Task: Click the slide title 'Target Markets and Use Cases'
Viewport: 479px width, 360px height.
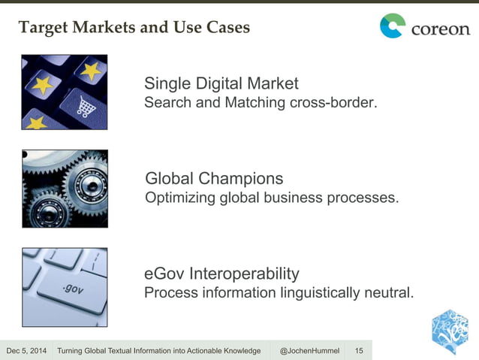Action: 134,28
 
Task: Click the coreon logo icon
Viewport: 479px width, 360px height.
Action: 392,26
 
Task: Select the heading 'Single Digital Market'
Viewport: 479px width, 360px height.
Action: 221,83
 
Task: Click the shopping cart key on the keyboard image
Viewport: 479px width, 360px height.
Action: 85,107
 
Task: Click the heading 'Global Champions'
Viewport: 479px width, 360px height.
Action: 214,178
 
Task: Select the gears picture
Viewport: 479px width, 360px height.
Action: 65,188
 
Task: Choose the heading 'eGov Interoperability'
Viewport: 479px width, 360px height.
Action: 221,273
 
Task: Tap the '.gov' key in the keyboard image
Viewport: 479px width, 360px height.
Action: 73,289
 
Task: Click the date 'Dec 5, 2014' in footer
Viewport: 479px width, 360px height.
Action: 26,351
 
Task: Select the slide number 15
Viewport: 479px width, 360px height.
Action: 358,351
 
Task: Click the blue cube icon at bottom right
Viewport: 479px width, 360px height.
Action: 450,331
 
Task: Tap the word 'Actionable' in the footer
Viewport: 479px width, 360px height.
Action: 202,351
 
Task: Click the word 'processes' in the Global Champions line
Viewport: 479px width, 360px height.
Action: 366,198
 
